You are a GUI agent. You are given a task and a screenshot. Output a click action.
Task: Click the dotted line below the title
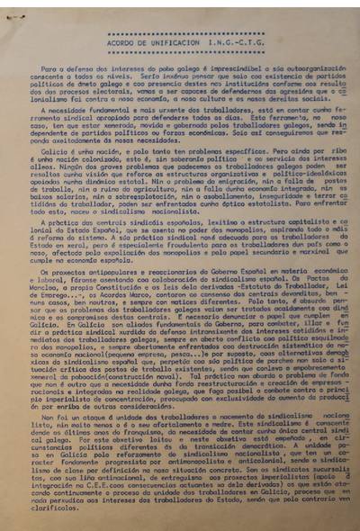(x=181, y=53)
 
